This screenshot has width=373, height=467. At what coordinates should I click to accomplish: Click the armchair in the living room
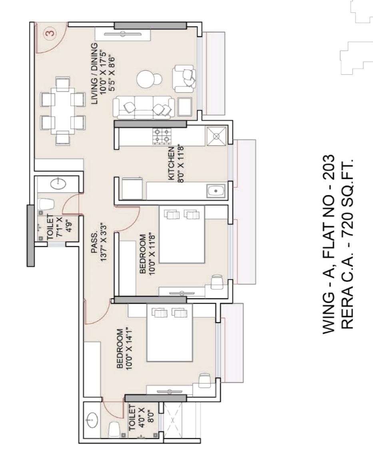[x=184, y=79]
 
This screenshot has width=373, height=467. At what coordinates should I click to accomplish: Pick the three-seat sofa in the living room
[x=144, y=108]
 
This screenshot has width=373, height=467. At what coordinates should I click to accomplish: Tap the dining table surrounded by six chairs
[x=63, y=111]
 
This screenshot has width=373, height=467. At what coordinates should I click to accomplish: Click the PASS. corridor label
[x=99, y=242]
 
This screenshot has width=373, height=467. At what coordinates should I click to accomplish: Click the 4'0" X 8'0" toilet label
[x=141, y=417]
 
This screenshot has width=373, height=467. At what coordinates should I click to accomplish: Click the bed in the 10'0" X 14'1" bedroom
[x=170, y=333]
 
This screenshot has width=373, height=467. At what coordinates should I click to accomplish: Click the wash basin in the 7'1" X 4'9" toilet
[x=58, y=184]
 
